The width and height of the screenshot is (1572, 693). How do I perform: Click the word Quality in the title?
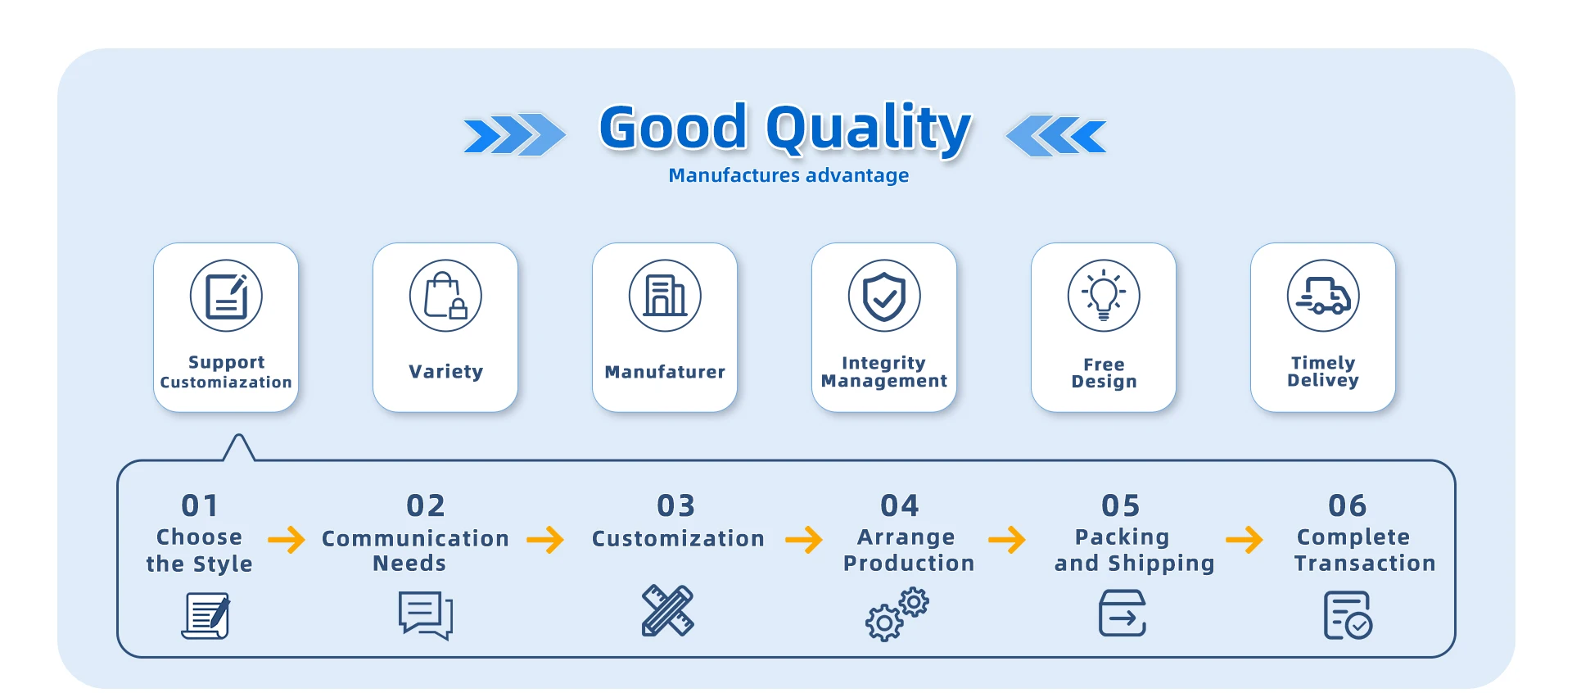[868, 129]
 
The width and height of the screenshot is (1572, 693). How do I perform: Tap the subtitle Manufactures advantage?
[788, 175]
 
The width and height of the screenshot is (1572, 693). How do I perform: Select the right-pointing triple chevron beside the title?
[514, 134]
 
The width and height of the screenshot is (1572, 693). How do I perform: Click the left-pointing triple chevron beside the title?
[1056, 134]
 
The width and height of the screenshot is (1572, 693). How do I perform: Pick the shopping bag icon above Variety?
[445, 296]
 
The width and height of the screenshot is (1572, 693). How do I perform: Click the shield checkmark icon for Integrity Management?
[884, 296]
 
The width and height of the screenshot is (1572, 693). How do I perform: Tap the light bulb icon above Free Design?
[1104, 296]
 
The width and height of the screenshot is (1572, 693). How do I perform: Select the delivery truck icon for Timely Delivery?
[1323, 296]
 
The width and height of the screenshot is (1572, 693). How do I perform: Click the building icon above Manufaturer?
[665, 296]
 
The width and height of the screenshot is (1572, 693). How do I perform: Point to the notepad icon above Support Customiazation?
[226, 296]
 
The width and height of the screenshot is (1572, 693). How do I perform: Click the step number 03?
[676, 505]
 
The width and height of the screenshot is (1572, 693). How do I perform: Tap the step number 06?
[1348, 505]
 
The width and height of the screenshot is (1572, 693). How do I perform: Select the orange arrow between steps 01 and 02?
[287, 539]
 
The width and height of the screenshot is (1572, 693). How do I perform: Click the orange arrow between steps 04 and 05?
[1007, 539]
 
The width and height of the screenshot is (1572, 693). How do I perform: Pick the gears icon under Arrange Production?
[897, 614]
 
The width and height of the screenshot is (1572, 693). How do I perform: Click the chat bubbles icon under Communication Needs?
[426, 615]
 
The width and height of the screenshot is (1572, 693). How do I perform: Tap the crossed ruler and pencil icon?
[667, 610]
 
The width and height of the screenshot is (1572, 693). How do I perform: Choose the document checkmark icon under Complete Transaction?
[1348, 615]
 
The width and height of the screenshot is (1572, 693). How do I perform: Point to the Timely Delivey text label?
[1323, 371]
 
